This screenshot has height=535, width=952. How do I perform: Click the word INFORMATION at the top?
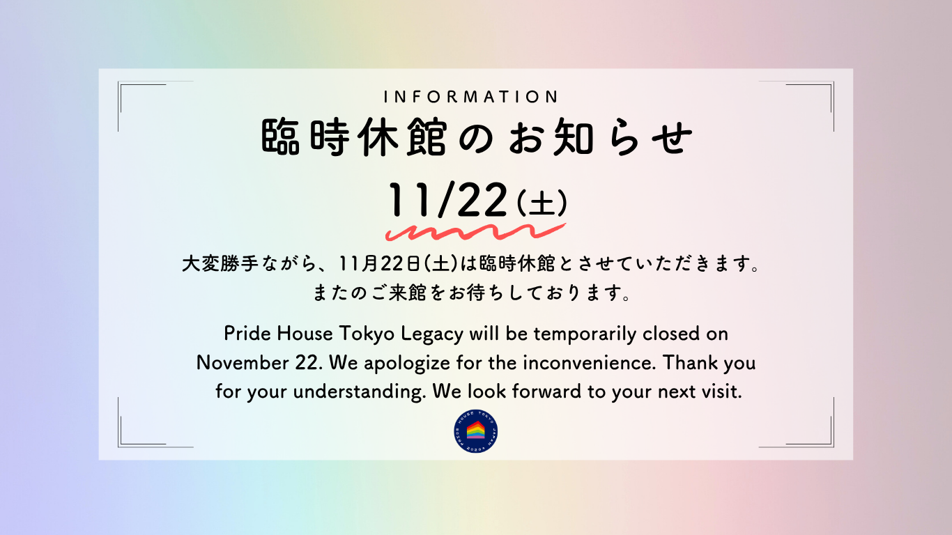471,97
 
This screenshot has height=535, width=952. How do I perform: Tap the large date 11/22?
447,201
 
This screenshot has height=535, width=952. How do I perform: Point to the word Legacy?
433,334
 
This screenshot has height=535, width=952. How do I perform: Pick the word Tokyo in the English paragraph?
367,334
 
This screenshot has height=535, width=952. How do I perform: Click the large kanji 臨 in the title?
283,138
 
